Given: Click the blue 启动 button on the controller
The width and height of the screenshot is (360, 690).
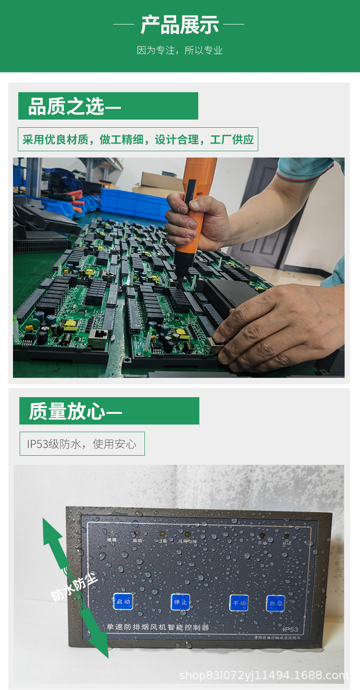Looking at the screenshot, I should [x=122, y=601].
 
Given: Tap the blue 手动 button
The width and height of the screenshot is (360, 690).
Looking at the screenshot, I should [x=239, y=603].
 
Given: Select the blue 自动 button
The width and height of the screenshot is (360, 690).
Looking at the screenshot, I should [x=276, y=603].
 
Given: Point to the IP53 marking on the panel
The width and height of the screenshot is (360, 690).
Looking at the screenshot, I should [x=290, y=629].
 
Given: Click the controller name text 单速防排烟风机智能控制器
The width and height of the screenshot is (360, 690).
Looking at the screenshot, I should [x=157, y=627].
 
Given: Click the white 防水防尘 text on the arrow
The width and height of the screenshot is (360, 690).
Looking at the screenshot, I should [x=74, y=587].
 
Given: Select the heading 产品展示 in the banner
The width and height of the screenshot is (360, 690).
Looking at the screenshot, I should [x=180, y=24].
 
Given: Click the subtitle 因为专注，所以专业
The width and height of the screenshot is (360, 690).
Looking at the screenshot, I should [x=180, y=50].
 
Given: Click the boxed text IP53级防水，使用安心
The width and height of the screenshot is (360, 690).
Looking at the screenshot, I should [x=82, y=444].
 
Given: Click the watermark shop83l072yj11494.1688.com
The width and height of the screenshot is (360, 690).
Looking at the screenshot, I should [x=264, y=676].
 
